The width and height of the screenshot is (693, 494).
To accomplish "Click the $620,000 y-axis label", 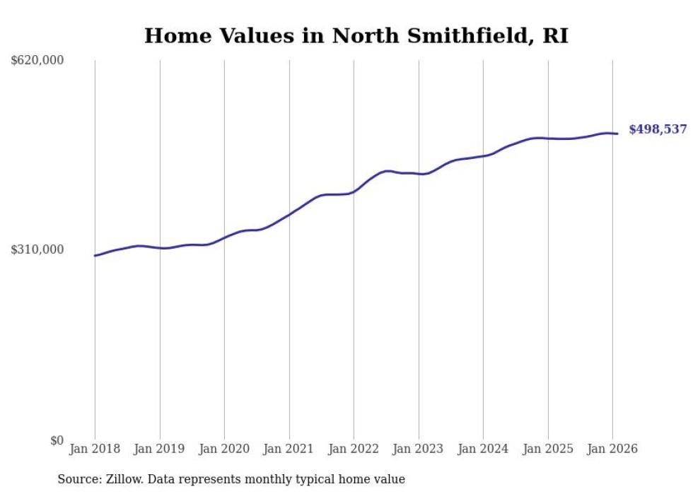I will pos(37,61).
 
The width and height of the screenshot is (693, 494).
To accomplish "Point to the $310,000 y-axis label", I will pos(37,249).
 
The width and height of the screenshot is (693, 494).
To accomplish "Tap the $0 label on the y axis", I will pos(57,440).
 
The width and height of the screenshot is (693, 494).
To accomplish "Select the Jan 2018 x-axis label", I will pos(95,449).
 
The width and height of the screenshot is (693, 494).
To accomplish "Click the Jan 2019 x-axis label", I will pos(159,449).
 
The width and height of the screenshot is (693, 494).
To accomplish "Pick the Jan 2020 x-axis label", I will pos(224,449).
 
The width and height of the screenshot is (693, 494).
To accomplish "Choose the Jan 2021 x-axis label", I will pos(289,449).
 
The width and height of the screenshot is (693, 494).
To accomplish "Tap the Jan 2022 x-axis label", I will pos(354,449).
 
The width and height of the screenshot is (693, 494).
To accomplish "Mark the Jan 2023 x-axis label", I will pos(418,449).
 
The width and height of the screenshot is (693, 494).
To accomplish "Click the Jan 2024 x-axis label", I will pos(483,449).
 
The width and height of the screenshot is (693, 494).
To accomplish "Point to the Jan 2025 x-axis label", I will pos(547,449).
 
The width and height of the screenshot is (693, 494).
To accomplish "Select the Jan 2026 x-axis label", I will pos(612,449).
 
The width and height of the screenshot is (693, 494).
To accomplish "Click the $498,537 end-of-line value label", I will pos(658,129).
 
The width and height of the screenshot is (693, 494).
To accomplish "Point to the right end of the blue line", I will pos(617,134).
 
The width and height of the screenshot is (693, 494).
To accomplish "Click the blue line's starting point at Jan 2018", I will pos(95,256).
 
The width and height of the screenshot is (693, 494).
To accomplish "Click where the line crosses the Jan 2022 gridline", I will pos(354,192).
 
